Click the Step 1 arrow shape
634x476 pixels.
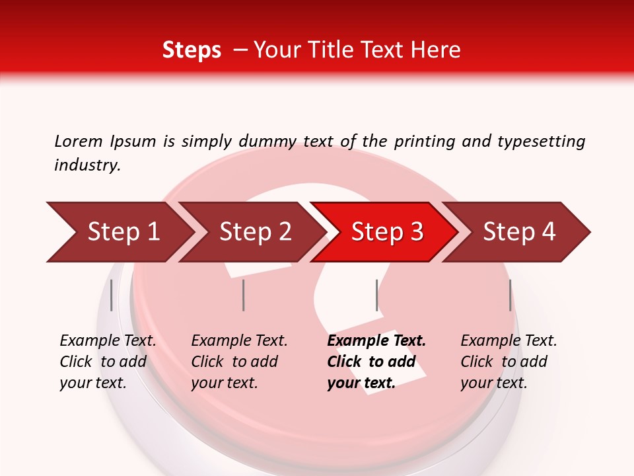(119, 232)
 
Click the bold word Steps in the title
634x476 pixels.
(192, 50)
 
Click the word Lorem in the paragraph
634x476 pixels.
(79, 141)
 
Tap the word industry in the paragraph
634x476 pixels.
(87, 165)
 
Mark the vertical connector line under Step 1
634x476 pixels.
(112, 295)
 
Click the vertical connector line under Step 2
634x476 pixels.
(244, 295)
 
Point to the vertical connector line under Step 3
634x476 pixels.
(376, 295)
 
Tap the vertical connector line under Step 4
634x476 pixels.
(510, 295)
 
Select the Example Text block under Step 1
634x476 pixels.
(108, 362)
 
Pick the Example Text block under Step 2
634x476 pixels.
(239, 362)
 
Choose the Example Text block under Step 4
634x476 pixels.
(509, 362)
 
